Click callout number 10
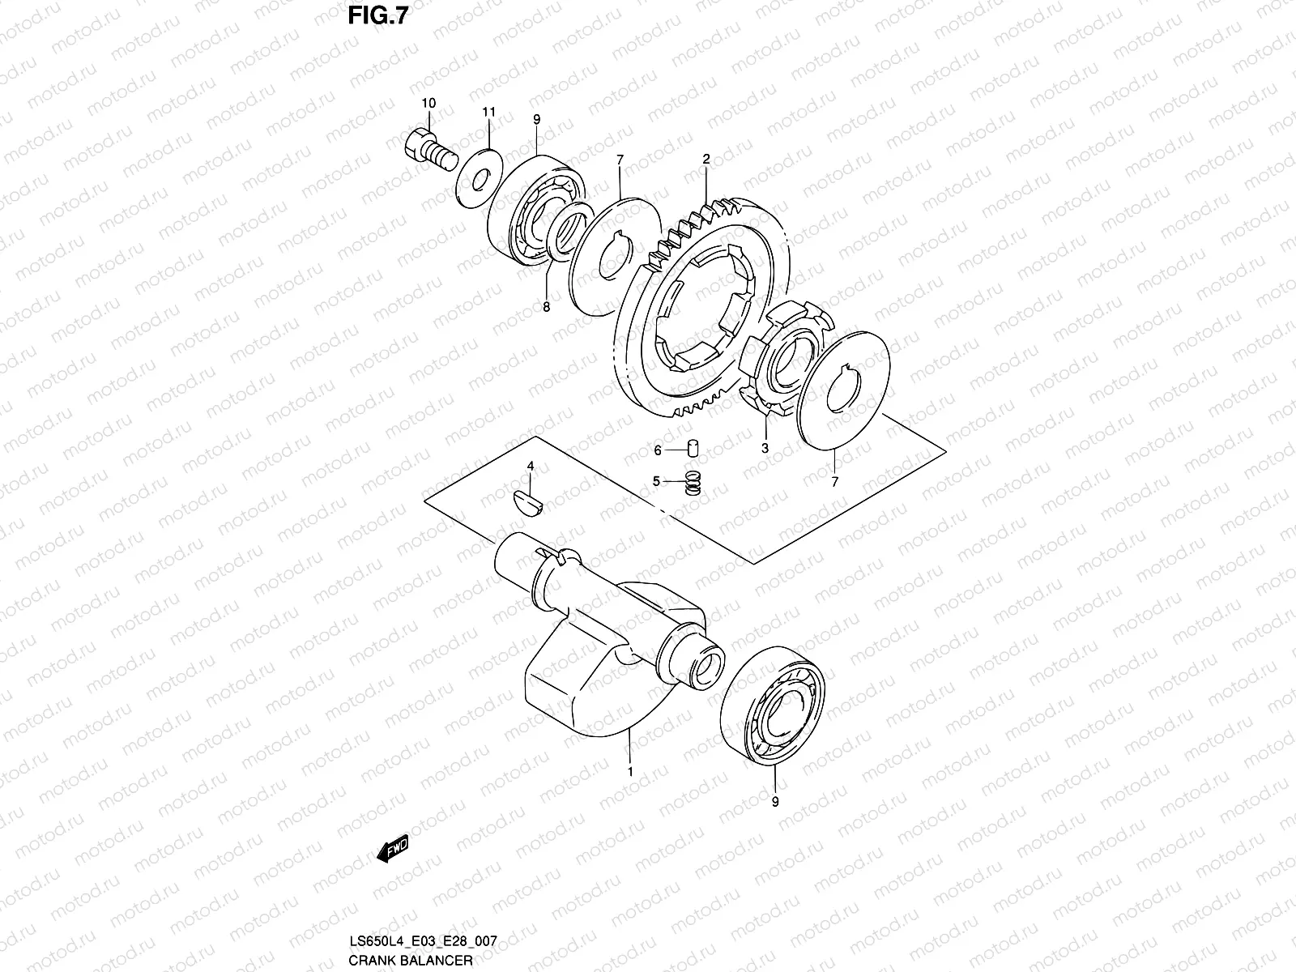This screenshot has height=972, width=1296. point(428,103)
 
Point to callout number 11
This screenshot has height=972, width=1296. point(488,111)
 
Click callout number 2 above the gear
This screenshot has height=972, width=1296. point(706,160)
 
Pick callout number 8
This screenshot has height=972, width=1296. point(546,307)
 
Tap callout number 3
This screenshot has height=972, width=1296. point(765,447)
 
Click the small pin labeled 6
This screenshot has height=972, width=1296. point(693,448)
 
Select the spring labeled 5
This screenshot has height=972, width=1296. point(693,483)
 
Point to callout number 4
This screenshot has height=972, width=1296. point(531,467)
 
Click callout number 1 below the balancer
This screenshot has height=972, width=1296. point(630,772)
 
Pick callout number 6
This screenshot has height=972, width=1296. point(658,450)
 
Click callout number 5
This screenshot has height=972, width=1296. point(656,481)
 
